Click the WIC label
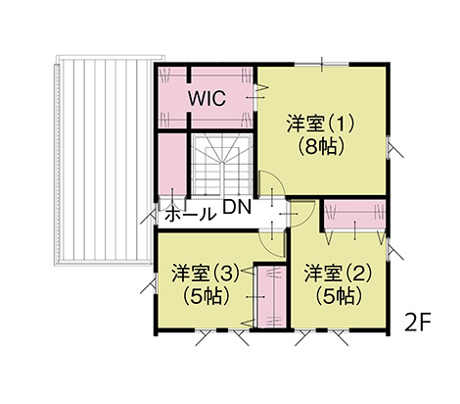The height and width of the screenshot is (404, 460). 207,98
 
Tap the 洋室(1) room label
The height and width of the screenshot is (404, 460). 321,124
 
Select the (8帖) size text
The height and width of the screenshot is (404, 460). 321,147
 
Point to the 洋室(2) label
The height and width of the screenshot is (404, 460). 339,274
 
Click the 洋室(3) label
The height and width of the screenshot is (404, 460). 207,274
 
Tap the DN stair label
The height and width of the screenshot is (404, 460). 237,207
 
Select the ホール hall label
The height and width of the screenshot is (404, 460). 191,215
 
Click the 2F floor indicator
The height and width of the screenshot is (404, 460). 418,322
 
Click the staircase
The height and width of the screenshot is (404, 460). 222,166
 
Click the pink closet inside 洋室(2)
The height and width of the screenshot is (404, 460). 354,216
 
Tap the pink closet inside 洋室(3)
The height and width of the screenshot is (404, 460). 271,297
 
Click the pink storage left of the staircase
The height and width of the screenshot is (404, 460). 172,165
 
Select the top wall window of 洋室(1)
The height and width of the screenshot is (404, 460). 322,65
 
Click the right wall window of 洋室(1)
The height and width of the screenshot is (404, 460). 389,148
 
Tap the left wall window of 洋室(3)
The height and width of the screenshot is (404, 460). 155,283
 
